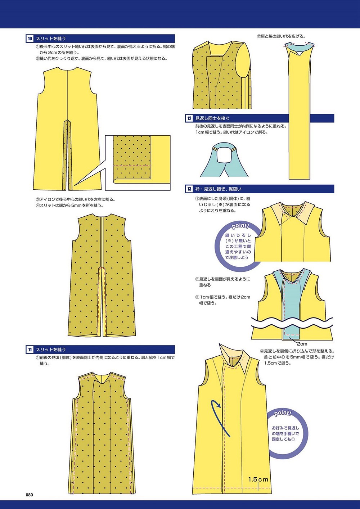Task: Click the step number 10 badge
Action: point(30,39)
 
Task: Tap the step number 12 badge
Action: point(189,118)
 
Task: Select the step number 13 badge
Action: point(189,189)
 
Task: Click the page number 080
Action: point(29,495)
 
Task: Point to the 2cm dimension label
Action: point(302,344)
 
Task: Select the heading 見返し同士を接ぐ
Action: point(212,118)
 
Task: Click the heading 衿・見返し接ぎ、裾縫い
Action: point(218,189)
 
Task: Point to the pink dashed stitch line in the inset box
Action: point(132,166)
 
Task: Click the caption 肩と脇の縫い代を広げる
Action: point(281,36)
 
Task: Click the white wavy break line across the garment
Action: point(292,323)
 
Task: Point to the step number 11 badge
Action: point(30,350)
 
